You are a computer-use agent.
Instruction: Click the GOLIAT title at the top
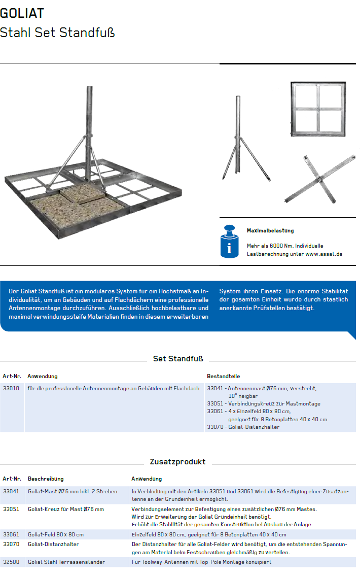click(22, 13)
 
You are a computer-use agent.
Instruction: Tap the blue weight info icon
click(230, 242)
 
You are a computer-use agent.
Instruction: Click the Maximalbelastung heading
click(270, 231)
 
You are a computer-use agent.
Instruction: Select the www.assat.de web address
click(323, 254)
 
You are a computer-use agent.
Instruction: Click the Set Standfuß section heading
click(178, 359)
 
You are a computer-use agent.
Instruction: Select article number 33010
click(11, 388)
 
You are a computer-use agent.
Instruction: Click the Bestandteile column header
click(223, 377)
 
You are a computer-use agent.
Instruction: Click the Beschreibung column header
click(46, 479)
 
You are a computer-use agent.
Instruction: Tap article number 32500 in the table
click(11, 562)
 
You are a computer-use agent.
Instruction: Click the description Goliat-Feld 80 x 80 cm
click(56, 534)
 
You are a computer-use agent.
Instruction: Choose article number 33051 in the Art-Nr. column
click(11, 509)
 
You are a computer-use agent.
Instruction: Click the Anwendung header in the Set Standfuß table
click(43, 377)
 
